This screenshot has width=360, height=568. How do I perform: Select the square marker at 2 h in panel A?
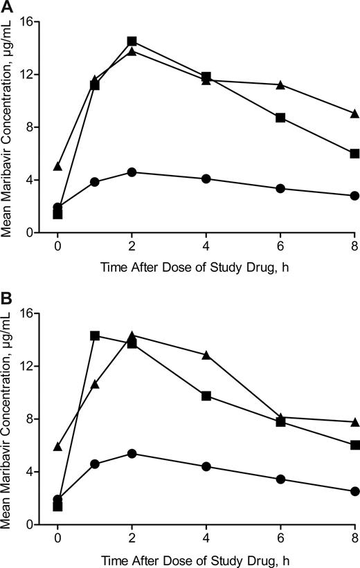coord(132,42)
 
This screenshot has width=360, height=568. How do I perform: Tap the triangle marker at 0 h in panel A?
coord(58,166)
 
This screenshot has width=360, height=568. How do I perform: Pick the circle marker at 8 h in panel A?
coord(354,196)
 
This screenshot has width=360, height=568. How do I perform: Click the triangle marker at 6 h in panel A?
coord(280,84)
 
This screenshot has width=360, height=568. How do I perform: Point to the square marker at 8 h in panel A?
coord(354,154)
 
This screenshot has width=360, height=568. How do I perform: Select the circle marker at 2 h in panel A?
coord(132,172)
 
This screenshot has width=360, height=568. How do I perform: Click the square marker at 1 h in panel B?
coord(95,336)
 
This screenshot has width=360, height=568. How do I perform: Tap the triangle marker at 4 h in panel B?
coord(206,355)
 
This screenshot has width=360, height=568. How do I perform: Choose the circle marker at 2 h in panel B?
coord(132,453)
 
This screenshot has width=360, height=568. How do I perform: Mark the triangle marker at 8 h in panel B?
coord(354,422)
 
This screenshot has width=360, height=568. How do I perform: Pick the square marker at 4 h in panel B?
coord(206,396)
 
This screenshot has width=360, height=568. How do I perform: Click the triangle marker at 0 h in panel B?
coord(58,447)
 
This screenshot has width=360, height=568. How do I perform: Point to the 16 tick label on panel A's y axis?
coord(33,21)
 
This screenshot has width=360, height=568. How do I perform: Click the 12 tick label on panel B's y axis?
coord(33,366)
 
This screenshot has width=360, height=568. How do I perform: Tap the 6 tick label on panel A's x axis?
coord(280,246)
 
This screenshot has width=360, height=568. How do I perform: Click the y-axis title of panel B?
coord(8,419)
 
